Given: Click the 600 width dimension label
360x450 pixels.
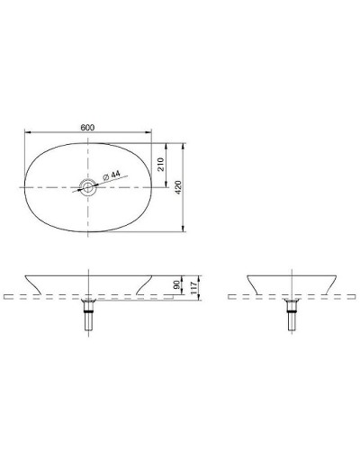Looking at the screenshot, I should coord(88,127).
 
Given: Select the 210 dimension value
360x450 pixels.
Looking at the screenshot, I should coord(159,164).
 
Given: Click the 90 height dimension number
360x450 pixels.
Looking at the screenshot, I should coord(175,284).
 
